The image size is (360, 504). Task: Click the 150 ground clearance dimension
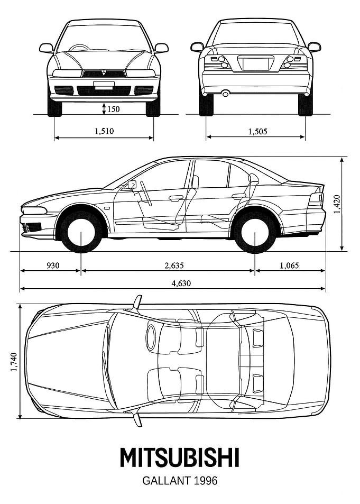coord(113,109)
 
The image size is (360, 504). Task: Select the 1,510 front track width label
coord(104,131)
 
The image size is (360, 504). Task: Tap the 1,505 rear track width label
coord(257,131)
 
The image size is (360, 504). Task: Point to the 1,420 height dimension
coord(337,204)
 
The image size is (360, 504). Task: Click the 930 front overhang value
coord(53,265)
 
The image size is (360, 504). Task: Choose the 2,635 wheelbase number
coord(174,265)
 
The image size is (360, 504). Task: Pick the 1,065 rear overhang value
coord(289,265)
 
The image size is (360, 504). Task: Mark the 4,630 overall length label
coord(181,283)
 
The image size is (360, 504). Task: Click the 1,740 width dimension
coord(13,363)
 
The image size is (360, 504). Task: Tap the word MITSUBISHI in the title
coord(180,457)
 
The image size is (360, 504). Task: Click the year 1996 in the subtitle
coord(206,481)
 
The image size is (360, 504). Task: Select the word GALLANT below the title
coord(167,481)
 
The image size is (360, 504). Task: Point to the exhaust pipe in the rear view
coord(226,94)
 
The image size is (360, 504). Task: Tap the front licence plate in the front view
coord(104,84)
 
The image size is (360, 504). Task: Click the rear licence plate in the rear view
coord(256,63)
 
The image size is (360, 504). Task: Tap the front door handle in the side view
coord(175,199)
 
